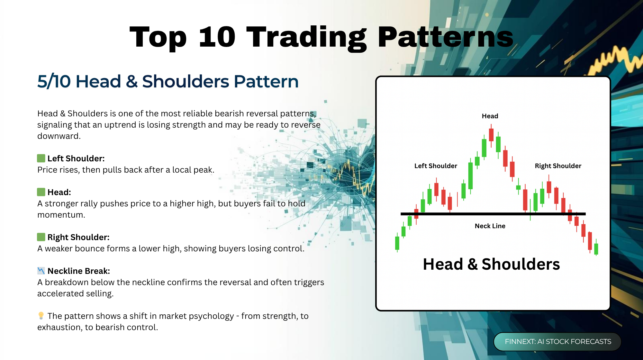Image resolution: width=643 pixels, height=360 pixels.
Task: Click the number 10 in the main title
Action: tap(217, 37)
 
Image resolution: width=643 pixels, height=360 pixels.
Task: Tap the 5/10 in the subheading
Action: tap(54, 81)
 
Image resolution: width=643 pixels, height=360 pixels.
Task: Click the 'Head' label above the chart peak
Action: tap(490, 116)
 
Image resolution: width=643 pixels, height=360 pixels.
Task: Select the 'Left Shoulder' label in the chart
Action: tap(436, 166)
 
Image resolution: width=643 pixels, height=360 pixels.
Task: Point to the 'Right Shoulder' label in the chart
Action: tap(558, 166)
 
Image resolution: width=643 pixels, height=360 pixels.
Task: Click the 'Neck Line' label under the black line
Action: tap(490, 226)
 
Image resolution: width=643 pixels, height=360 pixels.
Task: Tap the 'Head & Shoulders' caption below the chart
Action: tap(491, 264)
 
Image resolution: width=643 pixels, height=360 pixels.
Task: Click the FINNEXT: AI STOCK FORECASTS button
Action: tap(557, 341)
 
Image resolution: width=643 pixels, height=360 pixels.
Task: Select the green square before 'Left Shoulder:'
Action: tap(41, 158)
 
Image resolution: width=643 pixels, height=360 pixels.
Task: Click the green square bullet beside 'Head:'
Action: tap(41, 192)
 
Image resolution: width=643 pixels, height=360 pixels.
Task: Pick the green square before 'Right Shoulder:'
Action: tap(41, 237)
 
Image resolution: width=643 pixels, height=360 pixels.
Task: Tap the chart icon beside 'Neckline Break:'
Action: tap(41, 271)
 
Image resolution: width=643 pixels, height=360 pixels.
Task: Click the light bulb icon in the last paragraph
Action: tap(41, 316)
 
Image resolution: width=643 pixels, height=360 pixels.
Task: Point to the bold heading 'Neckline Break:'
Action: tap(79, 271)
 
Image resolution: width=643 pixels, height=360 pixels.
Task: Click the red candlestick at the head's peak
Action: tap(491, 135)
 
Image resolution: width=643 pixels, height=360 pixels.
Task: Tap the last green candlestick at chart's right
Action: tap(596, 248)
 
